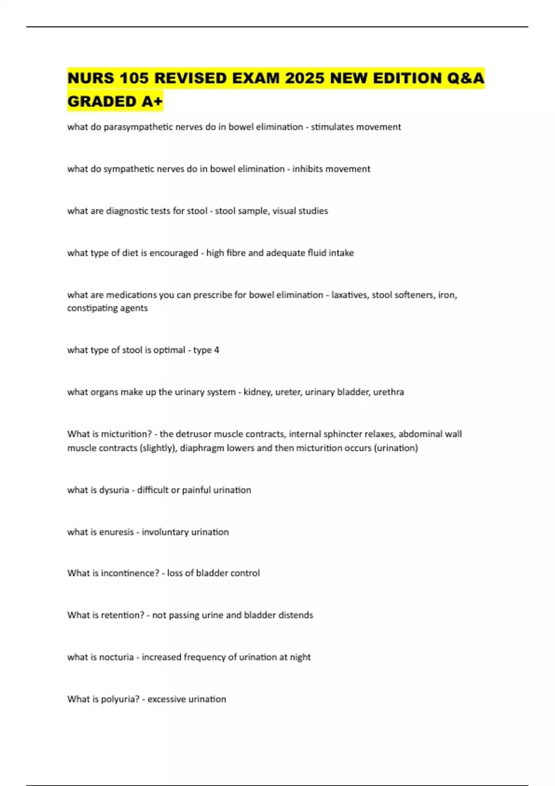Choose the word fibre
[x=236, y=253]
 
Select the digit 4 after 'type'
[x=216, y=350]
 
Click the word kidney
[x=257, y=392]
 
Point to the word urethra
[x=388, y=392]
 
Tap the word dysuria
[x=113, y=490]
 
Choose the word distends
[x=295, y=615]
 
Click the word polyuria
[x=120, y=700]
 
